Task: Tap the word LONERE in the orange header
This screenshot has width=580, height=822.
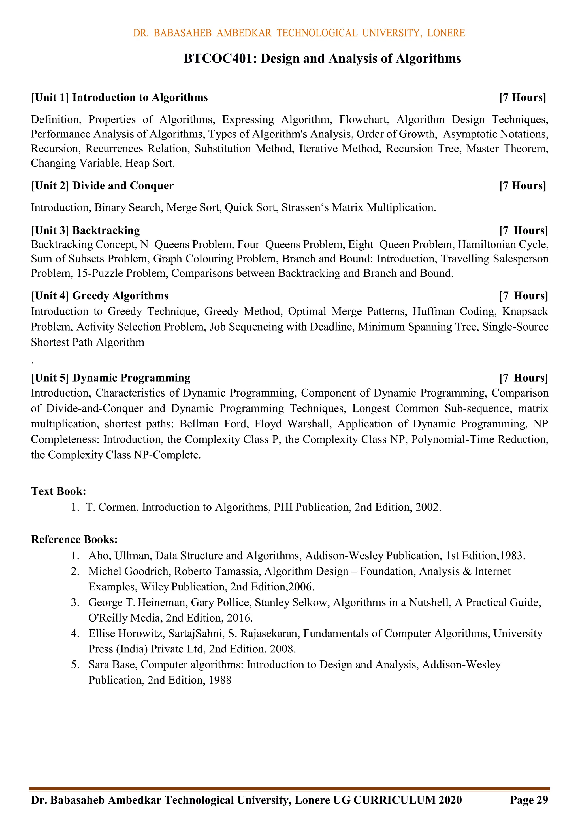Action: tap(446, 33)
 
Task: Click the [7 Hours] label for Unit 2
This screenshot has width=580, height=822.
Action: tap(523, 186)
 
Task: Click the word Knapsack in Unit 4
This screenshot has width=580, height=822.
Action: tap(524, 312)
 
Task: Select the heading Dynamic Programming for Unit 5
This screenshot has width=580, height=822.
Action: tap(131, 378)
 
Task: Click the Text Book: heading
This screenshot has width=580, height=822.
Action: tap(58, 491)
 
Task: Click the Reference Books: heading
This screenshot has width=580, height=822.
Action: tap(74, 539)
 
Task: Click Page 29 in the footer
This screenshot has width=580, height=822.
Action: tap(529, 800)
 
